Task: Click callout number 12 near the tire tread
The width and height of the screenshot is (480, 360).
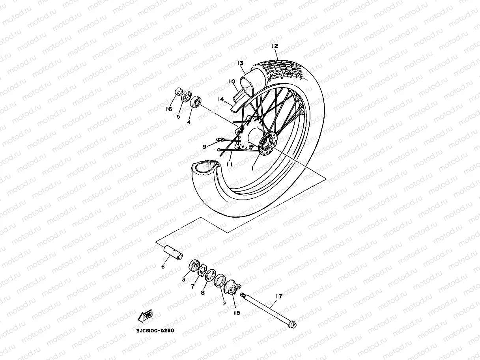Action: coord(275,46)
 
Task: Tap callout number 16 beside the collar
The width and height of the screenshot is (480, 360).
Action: coord(169,109)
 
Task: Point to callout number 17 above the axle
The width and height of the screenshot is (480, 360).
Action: coord(279,296)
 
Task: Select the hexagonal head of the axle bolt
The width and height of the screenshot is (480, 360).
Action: coord(292,325)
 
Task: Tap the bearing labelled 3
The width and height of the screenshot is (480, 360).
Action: coord(194,265)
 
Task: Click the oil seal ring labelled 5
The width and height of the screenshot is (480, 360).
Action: coord(186,98)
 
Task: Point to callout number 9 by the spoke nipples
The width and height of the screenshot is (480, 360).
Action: coord(204,147)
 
